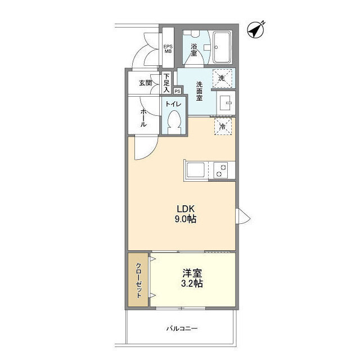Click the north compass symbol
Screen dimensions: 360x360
click(255, 30)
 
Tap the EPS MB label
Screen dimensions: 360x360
click(168, 49)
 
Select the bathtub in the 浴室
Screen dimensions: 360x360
click(222, 47)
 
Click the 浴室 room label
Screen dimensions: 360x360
click(193, 50)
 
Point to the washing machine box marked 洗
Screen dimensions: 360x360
click(222, 78)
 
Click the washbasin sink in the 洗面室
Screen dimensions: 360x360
click(226, 102)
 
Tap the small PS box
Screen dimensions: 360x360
click(177, 91)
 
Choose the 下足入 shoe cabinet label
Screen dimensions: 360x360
click(166, 83)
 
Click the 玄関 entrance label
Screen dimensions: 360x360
click(145, 83)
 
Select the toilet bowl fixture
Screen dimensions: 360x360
click(174, 122)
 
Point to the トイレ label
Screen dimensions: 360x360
click(173, 104)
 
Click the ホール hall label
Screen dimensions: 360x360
click(143, 118)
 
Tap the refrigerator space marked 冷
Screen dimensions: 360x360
click(223, 126)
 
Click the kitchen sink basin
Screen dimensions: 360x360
click(196, 170)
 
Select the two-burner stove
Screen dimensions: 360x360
click(220, 170)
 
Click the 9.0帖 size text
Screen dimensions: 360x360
click(186, 219)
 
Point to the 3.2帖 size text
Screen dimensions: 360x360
click(192, 283)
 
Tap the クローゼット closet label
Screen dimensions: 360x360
click(139, 280)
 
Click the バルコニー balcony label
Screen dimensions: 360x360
click(182, 328)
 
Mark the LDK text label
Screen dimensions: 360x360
click(186, 209)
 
